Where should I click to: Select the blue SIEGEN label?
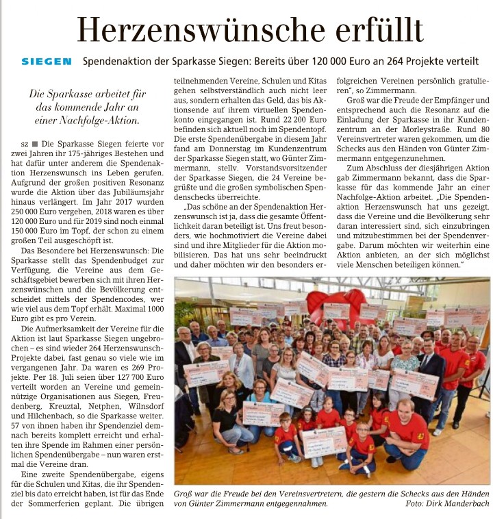[47, 61]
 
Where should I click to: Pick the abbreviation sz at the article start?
[26, 145]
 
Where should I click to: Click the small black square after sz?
[37, 145]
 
